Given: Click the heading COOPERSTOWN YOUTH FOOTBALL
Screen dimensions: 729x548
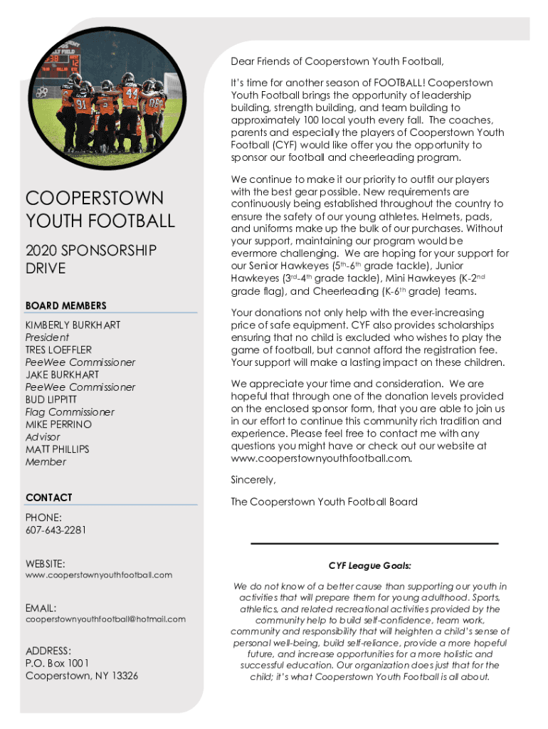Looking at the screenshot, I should click(x=100, y=209).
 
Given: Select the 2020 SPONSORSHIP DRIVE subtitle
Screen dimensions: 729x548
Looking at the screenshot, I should click(x=90, y=259).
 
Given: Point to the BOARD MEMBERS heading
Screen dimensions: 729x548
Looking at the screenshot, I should click(x=66, y=305).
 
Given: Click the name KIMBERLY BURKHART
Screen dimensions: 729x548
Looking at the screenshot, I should click(x=73, y=325).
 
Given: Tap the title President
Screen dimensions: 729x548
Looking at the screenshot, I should click(x=47, y=337).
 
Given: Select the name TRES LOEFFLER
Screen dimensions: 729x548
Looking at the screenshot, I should click(x=58, y=350).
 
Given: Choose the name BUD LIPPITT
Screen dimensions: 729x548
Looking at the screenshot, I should click(x=51, y=399).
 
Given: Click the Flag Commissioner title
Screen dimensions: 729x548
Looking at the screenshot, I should click(x=70, y=412).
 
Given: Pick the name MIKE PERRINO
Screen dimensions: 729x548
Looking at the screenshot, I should click(x=58, y=424).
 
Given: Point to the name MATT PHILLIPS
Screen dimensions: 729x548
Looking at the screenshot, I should click(x=58, y=449).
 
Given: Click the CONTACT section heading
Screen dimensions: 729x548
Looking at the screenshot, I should click(x=49, y=497).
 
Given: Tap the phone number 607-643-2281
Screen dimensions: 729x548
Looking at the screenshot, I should click(x=56, y=530).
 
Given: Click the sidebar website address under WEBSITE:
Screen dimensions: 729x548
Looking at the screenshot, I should click(x=99, y=575).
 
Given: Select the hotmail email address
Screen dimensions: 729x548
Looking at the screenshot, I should click(x=105, y=619).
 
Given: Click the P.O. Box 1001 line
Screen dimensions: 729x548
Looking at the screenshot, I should click(x=58, y=663).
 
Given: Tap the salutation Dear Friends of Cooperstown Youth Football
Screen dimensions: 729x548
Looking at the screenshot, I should click(x=337, y=61).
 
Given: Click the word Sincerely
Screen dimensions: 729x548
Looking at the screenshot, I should click(x=253, y=479).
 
